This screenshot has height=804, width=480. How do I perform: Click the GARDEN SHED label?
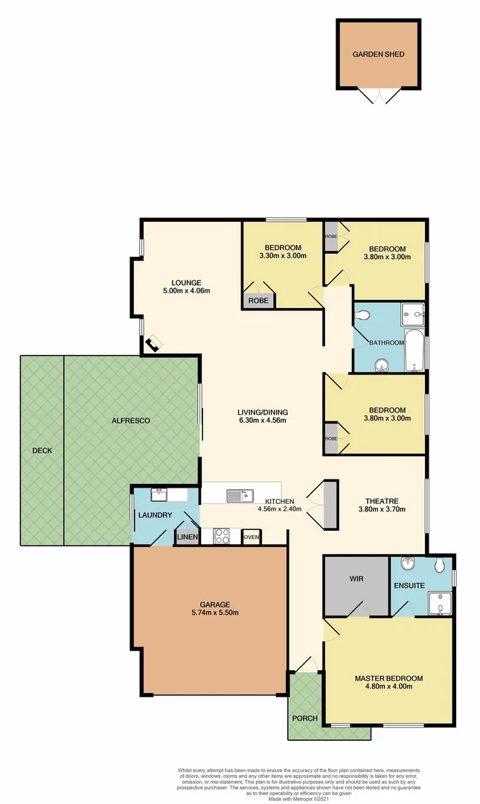click(x=380, y=55)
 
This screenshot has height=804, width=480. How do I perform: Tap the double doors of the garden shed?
click(x=380, y=98)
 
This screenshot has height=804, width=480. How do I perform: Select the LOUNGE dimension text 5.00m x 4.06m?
click(x=186, y=290)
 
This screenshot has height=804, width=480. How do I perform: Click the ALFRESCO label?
click(x=130, y=421)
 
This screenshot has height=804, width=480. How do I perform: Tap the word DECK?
click(x=42, y=450)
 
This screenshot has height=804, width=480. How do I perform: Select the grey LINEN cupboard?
click(x=187, y=537)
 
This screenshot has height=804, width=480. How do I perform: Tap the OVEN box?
click(x=251, y=537)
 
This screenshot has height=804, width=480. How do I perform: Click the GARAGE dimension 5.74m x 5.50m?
click(x=209, y=613)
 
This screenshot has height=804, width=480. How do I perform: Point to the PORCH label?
click(x=305, y=718)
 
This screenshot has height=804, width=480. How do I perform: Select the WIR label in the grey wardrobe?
click(x=355, y=578)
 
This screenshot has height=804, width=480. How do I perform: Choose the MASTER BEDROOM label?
click(x=388, y=678)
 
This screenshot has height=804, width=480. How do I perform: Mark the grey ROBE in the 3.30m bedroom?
click(x=258, y=300)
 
